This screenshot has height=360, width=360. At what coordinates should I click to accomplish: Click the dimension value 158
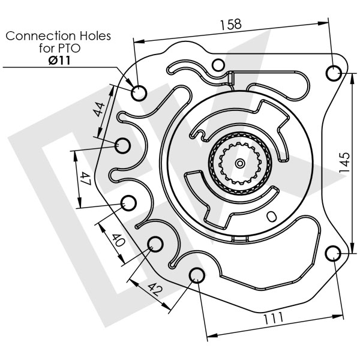coord(230,25)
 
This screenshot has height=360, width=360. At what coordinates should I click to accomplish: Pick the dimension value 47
coord(85,179)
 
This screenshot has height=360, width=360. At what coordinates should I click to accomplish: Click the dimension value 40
coord(118,241)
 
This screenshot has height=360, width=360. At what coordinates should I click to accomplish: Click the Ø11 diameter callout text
coord(58,61)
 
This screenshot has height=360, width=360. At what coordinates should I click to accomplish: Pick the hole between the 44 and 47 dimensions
coord(123,145)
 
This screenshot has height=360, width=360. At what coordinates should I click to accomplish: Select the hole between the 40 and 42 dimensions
coord(155,244)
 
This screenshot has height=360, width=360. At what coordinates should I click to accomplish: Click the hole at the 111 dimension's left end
coord(196,275)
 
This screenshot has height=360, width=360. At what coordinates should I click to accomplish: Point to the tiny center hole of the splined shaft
coord(240,163)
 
